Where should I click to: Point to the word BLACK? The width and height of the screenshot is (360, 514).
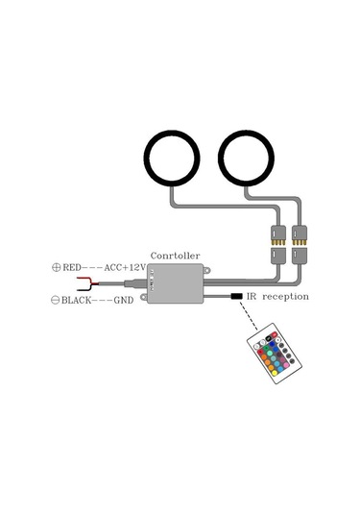coord(79,301)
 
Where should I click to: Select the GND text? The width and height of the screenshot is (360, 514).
coord(125,301)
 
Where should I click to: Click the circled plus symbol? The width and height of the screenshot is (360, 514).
coord(55,268)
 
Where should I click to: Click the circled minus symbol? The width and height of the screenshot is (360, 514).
coord(55,301)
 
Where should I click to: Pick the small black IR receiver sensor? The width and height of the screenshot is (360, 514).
coord(235,297)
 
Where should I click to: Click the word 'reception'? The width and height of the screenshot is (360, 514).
coord(286,297)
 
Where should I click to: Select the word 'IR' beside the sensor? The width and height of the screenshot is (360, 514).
coord(252,297)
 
